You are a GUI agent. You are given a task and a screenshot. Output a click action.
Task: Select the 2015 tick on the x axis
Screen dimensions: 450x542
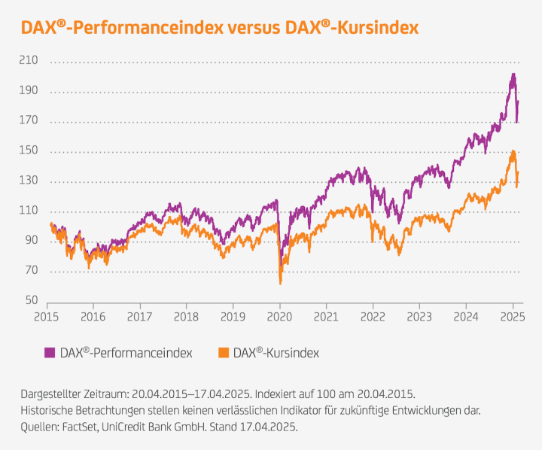(47, 317)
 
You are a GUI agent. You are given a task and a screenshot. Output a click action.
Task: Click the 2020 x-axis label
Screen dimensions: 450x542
(279, 317)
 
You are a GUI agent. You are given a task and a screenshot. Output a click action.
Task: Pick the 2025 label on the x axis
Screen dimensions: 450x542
(512, 317)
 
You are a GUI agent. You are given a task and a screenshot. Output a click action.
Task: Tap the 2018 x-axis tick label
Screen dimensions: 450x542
(186, 317)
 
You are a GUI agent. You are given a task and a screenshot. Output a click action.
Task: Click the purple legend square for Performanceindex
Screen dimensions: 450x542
(50, 352)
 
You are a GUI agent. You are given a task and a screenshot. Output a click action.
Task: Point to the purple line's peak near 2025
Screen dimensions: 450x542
(513, 74)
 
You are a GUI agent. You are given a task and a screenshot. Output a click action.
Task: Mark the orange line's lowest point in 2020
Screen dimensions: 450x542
(280, 283)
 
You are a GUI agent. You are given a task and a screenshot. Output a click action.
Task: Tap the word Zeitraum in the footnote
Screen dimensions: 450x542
(108, 394)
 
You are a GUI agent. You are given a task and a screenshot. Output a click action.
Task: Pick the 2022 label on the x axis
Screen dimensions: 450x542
(372, 317)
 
